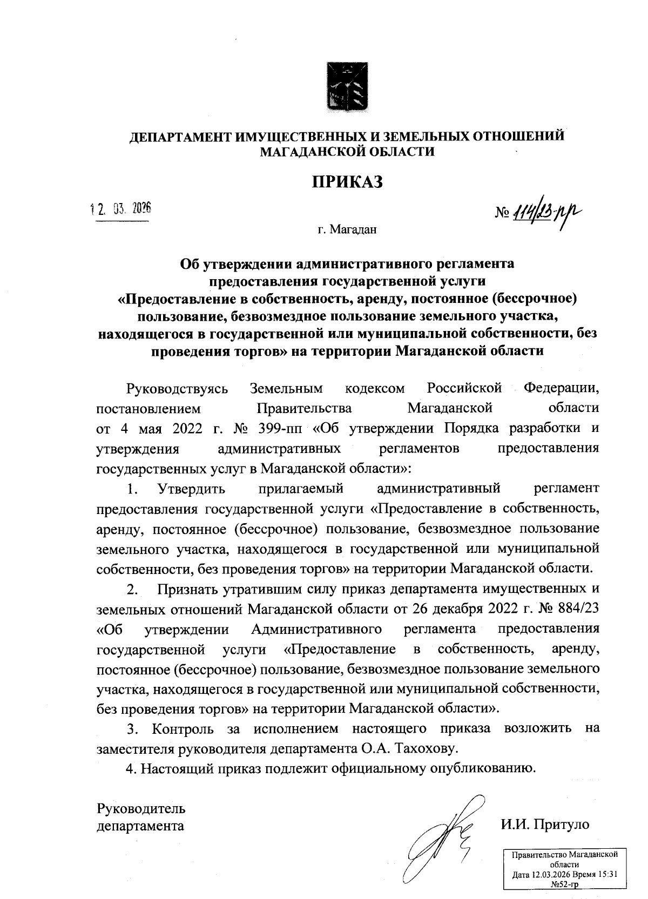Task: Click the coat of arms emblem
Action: [x=348, y=86]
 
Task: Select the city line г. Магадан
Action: [x=347, y=230]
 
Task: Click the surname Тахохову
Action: [x=427, y=749]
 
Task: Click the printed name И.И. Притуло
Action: [x=545, y=824]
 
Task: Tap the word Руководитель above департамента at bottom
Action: [x=141, y=808]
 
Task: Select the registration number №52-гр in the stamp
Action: [x=564, y=883]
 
